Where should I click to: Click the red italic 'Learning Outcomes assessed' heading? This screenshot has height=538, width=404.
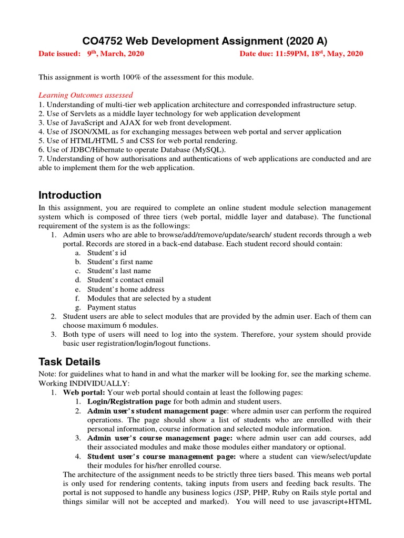pos(86,95)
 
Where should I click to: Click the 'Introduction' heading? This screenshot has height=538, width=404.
pos(70,195)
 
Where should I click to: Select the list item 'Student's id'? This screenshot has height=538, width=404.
pos(105,253)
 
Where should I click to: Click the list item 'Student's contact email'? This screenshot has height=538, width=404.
pos(125,280)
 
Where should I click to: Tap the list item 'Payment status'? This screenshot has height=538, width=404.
pos(112,307)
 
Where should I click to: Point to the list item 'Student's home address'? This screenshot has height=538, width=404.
pos(126,289)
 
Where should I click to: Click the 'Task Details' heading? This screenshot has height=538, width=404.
pos(69,361)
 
